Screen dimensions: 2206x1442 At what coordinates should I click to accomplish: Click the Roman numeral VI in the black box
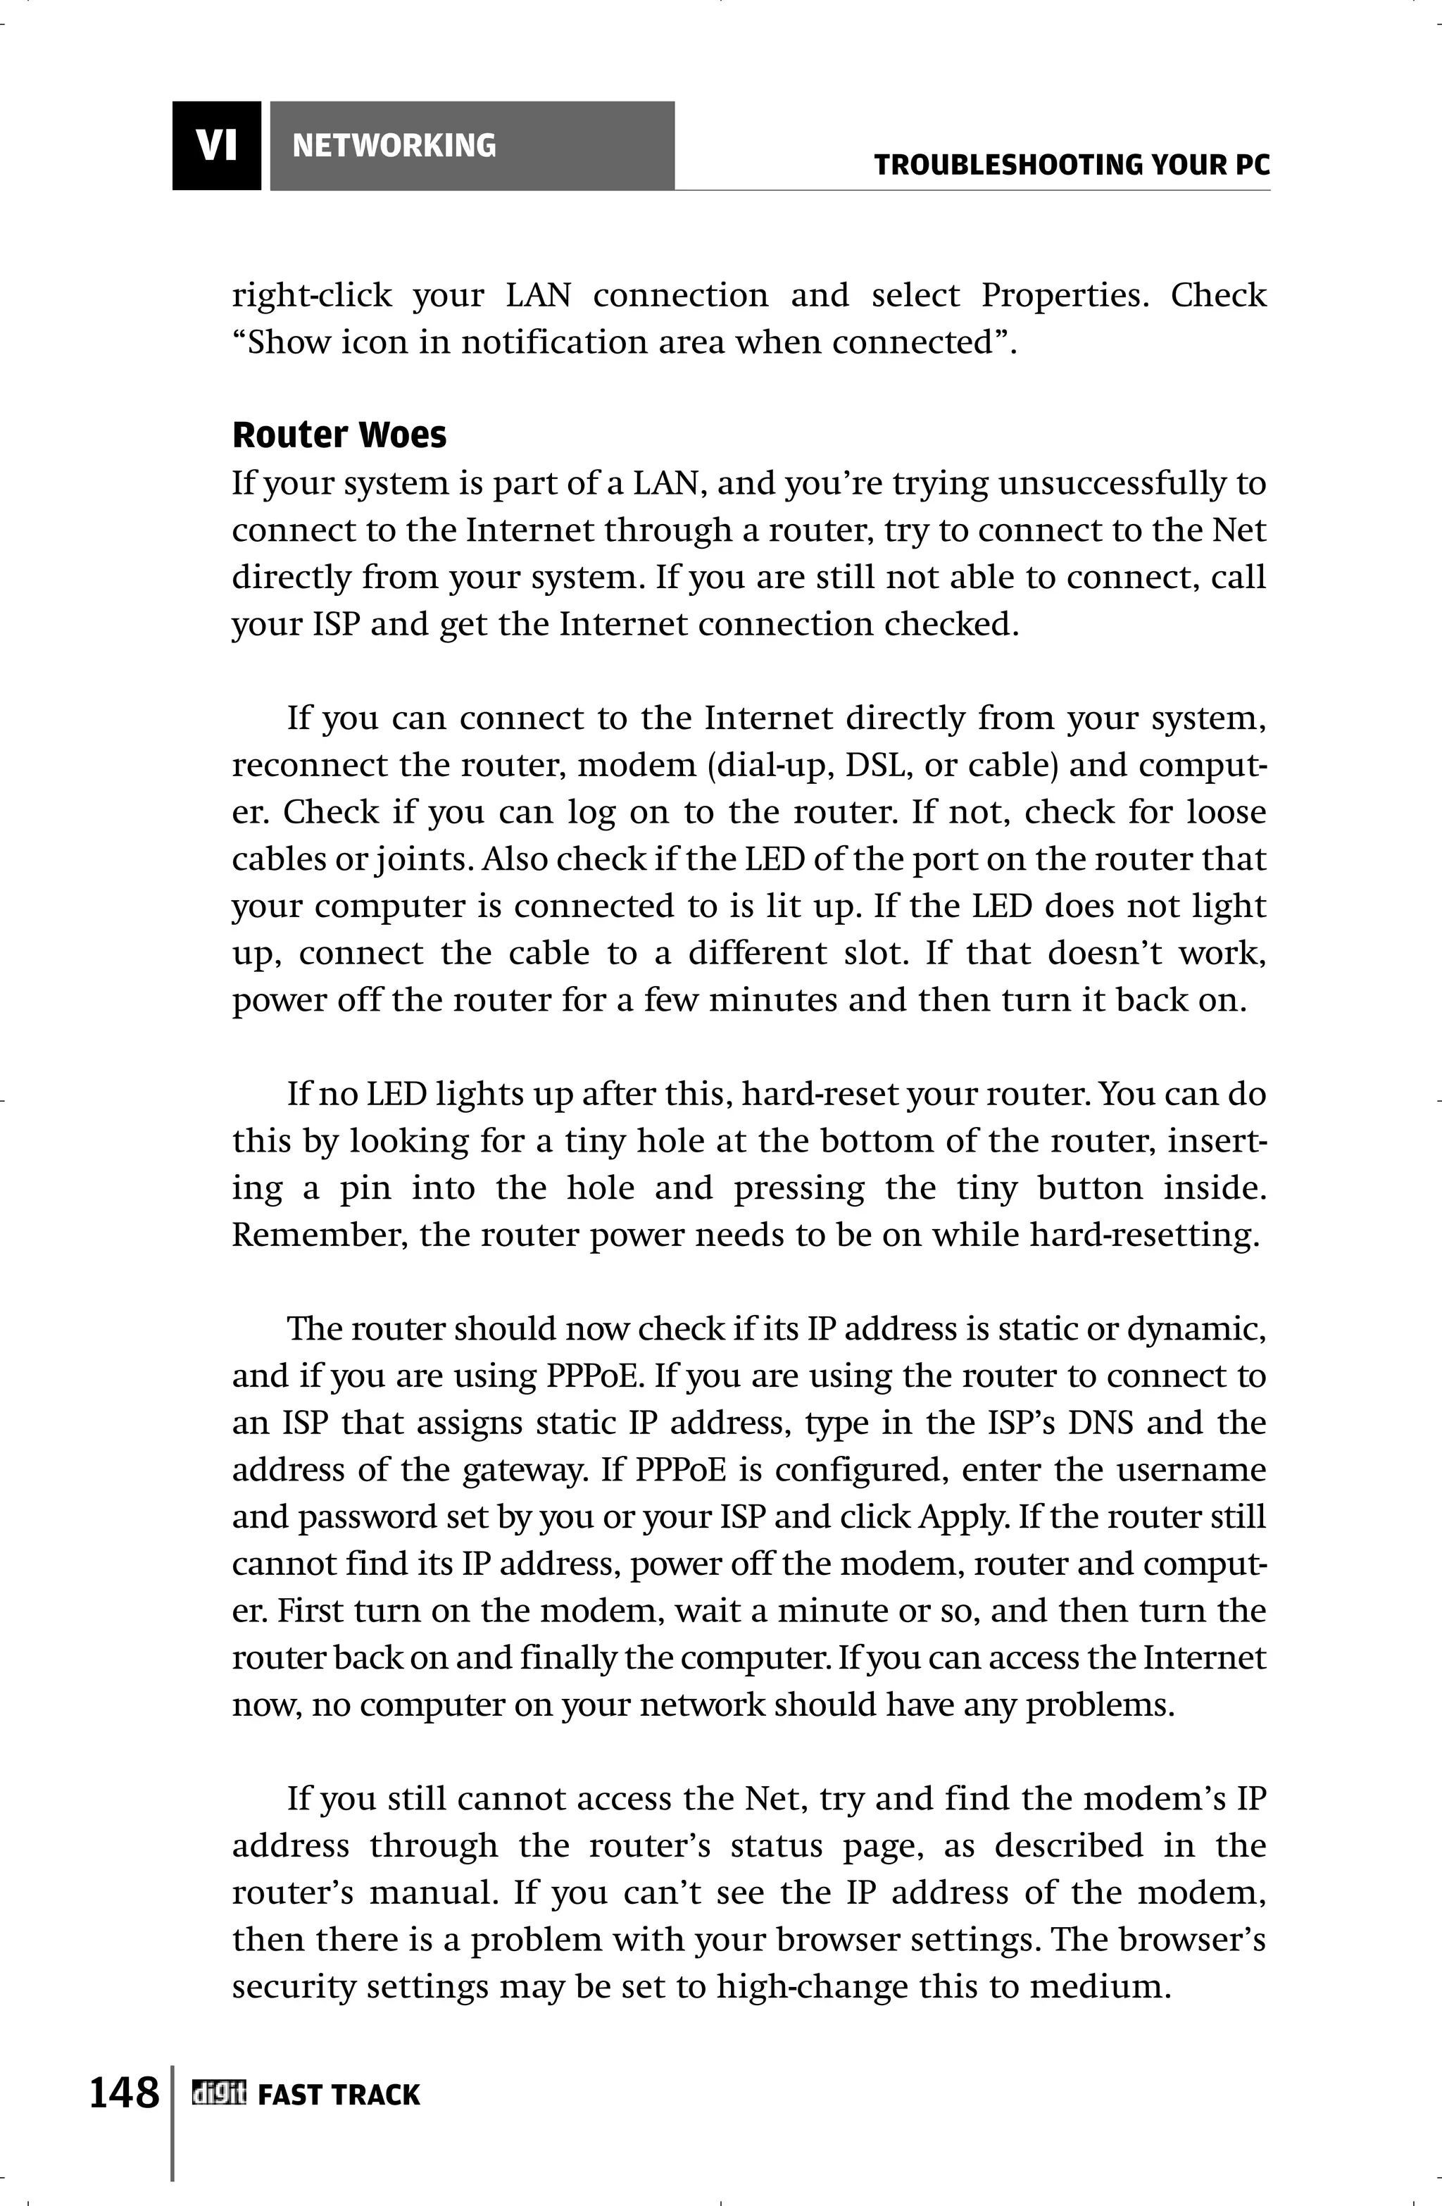(216, 146)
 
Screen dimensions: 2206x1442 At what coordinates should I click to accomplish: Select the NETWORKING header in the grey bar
(394, 146)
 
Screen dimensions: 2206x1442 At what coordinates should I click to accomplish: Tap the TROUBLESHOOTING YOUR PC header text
(1072, 166)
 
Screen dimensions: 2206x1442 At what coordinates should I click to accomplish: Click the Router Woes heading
(339, 435)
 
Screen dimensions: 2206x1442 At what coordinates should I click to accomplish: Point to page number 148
(124, 2092)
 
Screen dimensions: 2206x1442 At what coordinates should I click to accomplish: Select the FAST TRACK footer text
(338, 2094)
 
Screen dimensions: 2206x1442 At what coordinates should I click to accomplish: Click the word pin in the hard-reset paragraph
(364, 1188)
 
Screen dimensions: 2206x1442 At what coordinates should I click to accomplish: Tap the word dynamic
(1196, 1329)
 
